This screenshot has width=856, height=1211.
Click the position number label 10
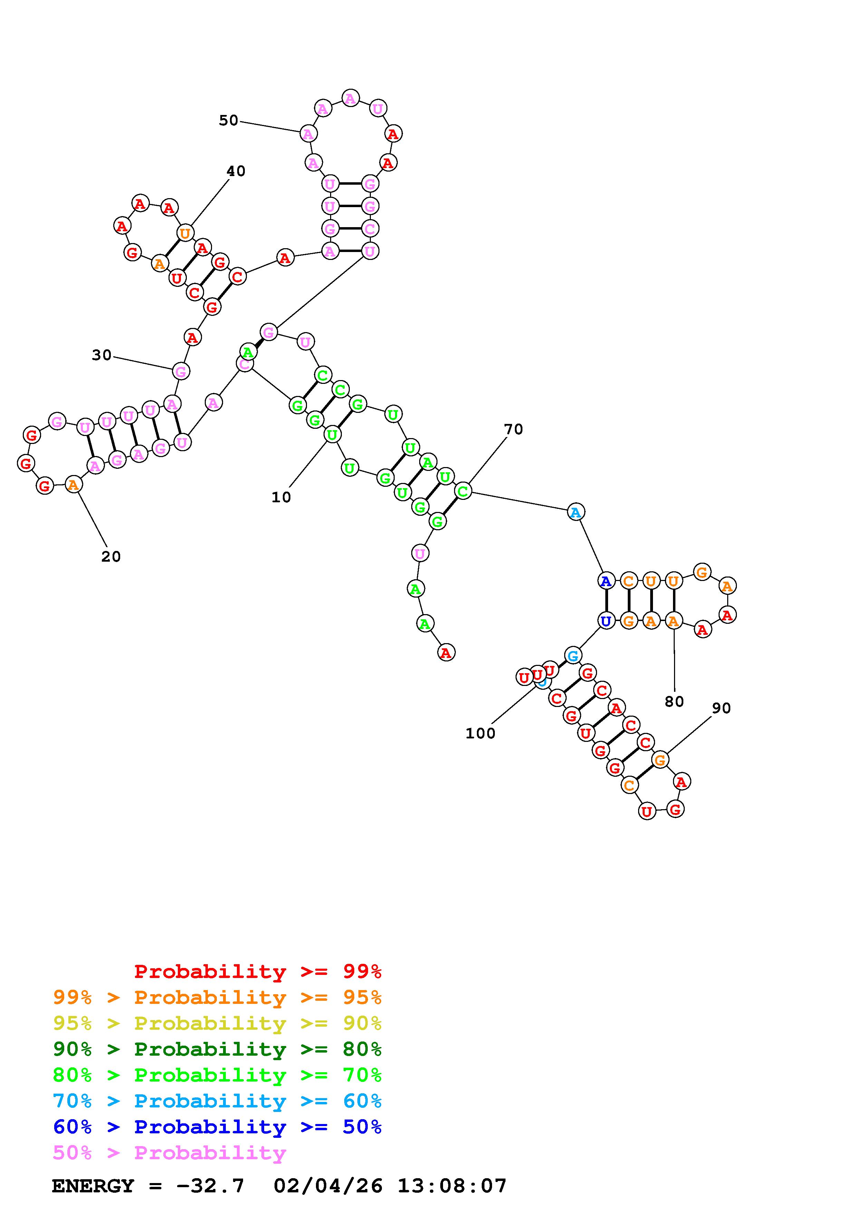pos(281,497)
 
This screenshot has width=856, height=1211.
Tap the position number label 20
pos(111,556)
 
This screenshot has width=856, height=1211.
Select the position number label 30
pos(102,356)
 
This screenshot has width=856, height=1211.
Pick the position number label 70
pos(513,429)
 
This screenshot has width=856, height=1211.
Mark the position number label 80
pos(674,701)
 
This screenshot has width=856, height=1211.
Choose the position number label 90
pos(721,708)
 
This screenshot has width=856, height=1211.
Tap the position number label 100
pos(480,733)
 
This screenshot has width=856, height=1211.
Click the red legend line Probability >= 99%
pos(257,971)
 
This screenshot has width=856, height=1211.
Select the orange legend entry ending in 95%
pos(217,997)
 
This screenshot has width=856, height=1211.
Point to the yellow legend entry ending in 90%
pos(217,1023)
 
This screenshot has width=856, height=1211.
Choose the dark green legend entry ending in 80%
pos(217,1049)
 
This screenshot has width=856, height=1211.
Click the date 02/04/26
pos(328,1186)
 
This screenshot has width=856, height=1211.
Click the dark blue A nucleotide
pos(606,581)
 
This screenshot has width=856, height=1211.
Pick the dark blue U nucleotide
pos(606,621)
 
